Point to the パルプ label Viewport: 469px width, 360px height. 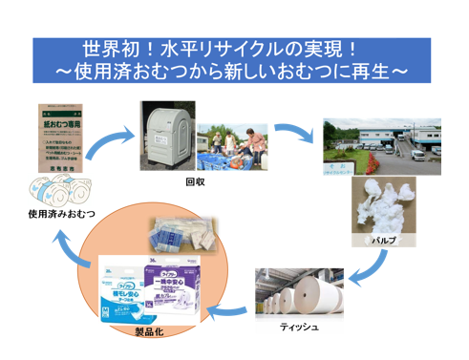coord(383,241)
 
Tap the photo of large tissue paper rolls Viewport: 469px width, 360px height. coord(299,291)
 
